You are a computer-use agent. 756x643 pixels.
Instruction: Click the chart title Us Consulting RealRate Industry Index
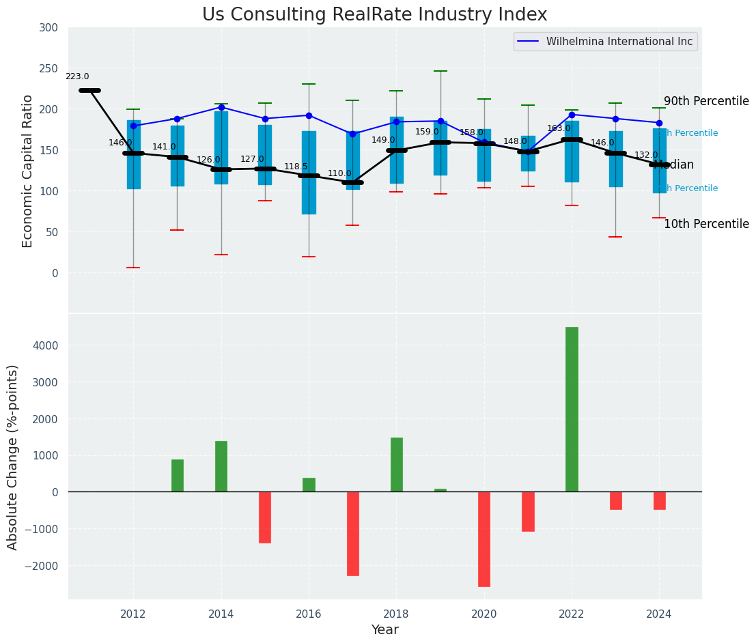(x=374, y=15)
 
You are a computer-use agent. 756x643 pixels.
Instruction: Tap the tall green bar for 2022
(x=572, y=409)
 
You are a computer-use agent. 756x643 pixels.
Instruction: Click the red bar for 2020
(x=484, y=539)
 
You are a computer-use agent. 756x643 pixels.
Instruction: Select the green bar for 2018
(x=396, y=464)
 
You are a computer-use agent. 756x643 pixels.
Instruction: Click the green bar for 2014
(x=221, y=466)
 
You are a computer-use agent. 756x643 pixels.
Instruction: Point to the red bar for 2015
(x=265, y=517)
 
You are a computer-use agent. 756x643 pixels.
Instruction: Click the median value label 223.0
(x=77, y=77)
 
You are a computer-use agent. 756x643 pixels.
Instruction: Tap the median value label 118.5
(x=296, y=167)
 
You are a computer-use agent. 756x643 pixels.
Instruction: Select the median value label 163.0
(x=559, y=128)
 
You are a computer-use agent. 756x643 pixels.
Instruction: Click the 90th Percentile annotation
(x=705, y=102)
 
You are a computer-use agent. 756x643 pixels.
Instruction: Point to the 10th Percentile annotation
(x=705, y=224)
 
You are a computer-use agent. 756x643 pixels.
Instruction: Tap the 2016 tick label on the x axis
(x=309, y=614)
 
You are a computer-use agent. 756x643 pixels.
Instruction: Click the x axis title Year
(x=384, y=630)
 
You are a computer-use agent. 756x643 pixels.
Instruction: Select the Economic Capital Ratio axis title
(x=28, y=171)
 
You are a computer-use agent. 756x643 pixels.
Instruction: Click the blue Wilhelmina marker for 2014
(x=221, y=107)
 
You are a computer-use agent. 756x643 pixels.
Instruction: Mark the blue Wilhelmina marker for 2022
(x=572, y=115)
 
